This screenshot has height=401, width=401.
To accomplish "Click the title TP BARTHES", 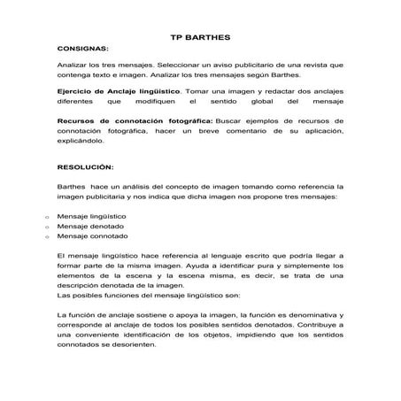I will [199, 38].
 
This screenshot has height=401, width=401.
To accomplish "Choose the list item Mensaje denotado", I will [89, 227].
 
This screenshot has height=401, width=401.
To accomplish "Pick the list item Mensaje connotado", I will [91, 236].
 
